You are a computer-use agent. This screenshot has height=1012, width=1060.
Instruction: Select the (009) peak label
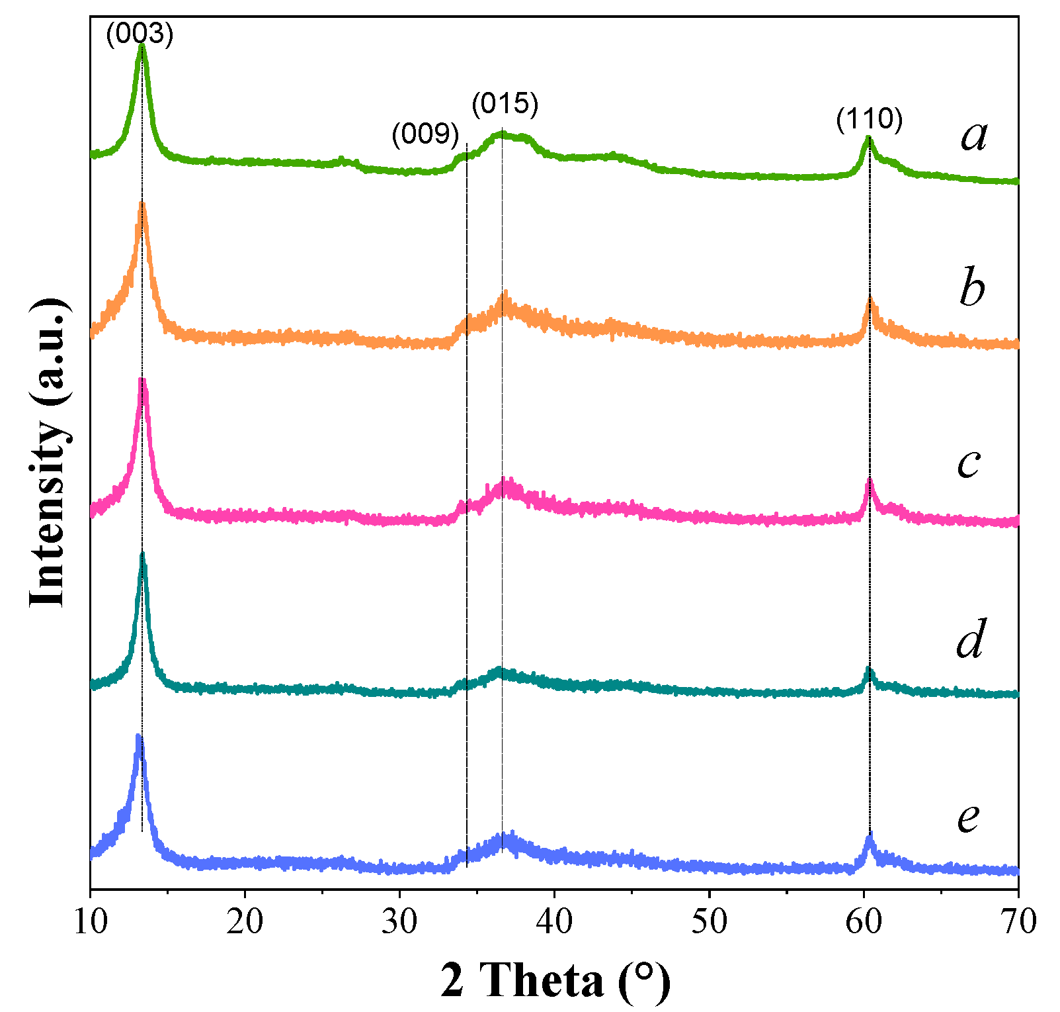click(425, 134)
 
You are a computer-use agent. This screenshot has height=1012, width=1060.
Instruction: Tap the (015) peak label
click(505, 104)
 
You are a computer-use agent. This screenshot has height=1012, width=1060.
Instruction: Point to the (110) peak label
click(869, 120)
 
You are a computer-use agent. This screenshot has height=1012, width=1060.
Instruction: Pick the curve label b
click(972, 289)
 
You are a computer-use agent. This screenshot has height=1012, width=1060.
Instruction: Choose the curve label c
click(968, 463)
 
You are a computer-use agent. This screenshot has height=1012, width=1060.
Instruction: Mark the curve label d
click(970, 640)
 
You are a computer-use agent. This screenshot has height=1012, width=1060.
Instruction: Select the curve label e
click(968, 817)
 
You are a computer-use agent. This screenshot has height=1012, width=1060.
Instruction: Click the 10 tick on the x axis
click(91, 921)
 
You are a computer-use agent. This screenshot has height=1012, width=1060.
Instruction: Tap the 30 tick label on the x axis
click(399, 921)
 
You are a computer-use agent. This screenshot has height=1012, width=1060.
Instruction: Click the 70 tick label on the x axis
click(1018, 921)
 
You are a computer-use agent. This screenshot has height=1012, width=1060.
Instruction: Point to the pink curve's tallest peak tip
click(142, 381)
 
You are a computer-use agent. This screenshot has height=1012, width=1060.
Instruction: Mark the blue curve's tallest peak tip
click(138, 735)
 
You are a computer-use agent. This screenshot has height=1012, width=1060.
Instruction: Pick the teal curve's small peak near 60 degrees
click(869, 670)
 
